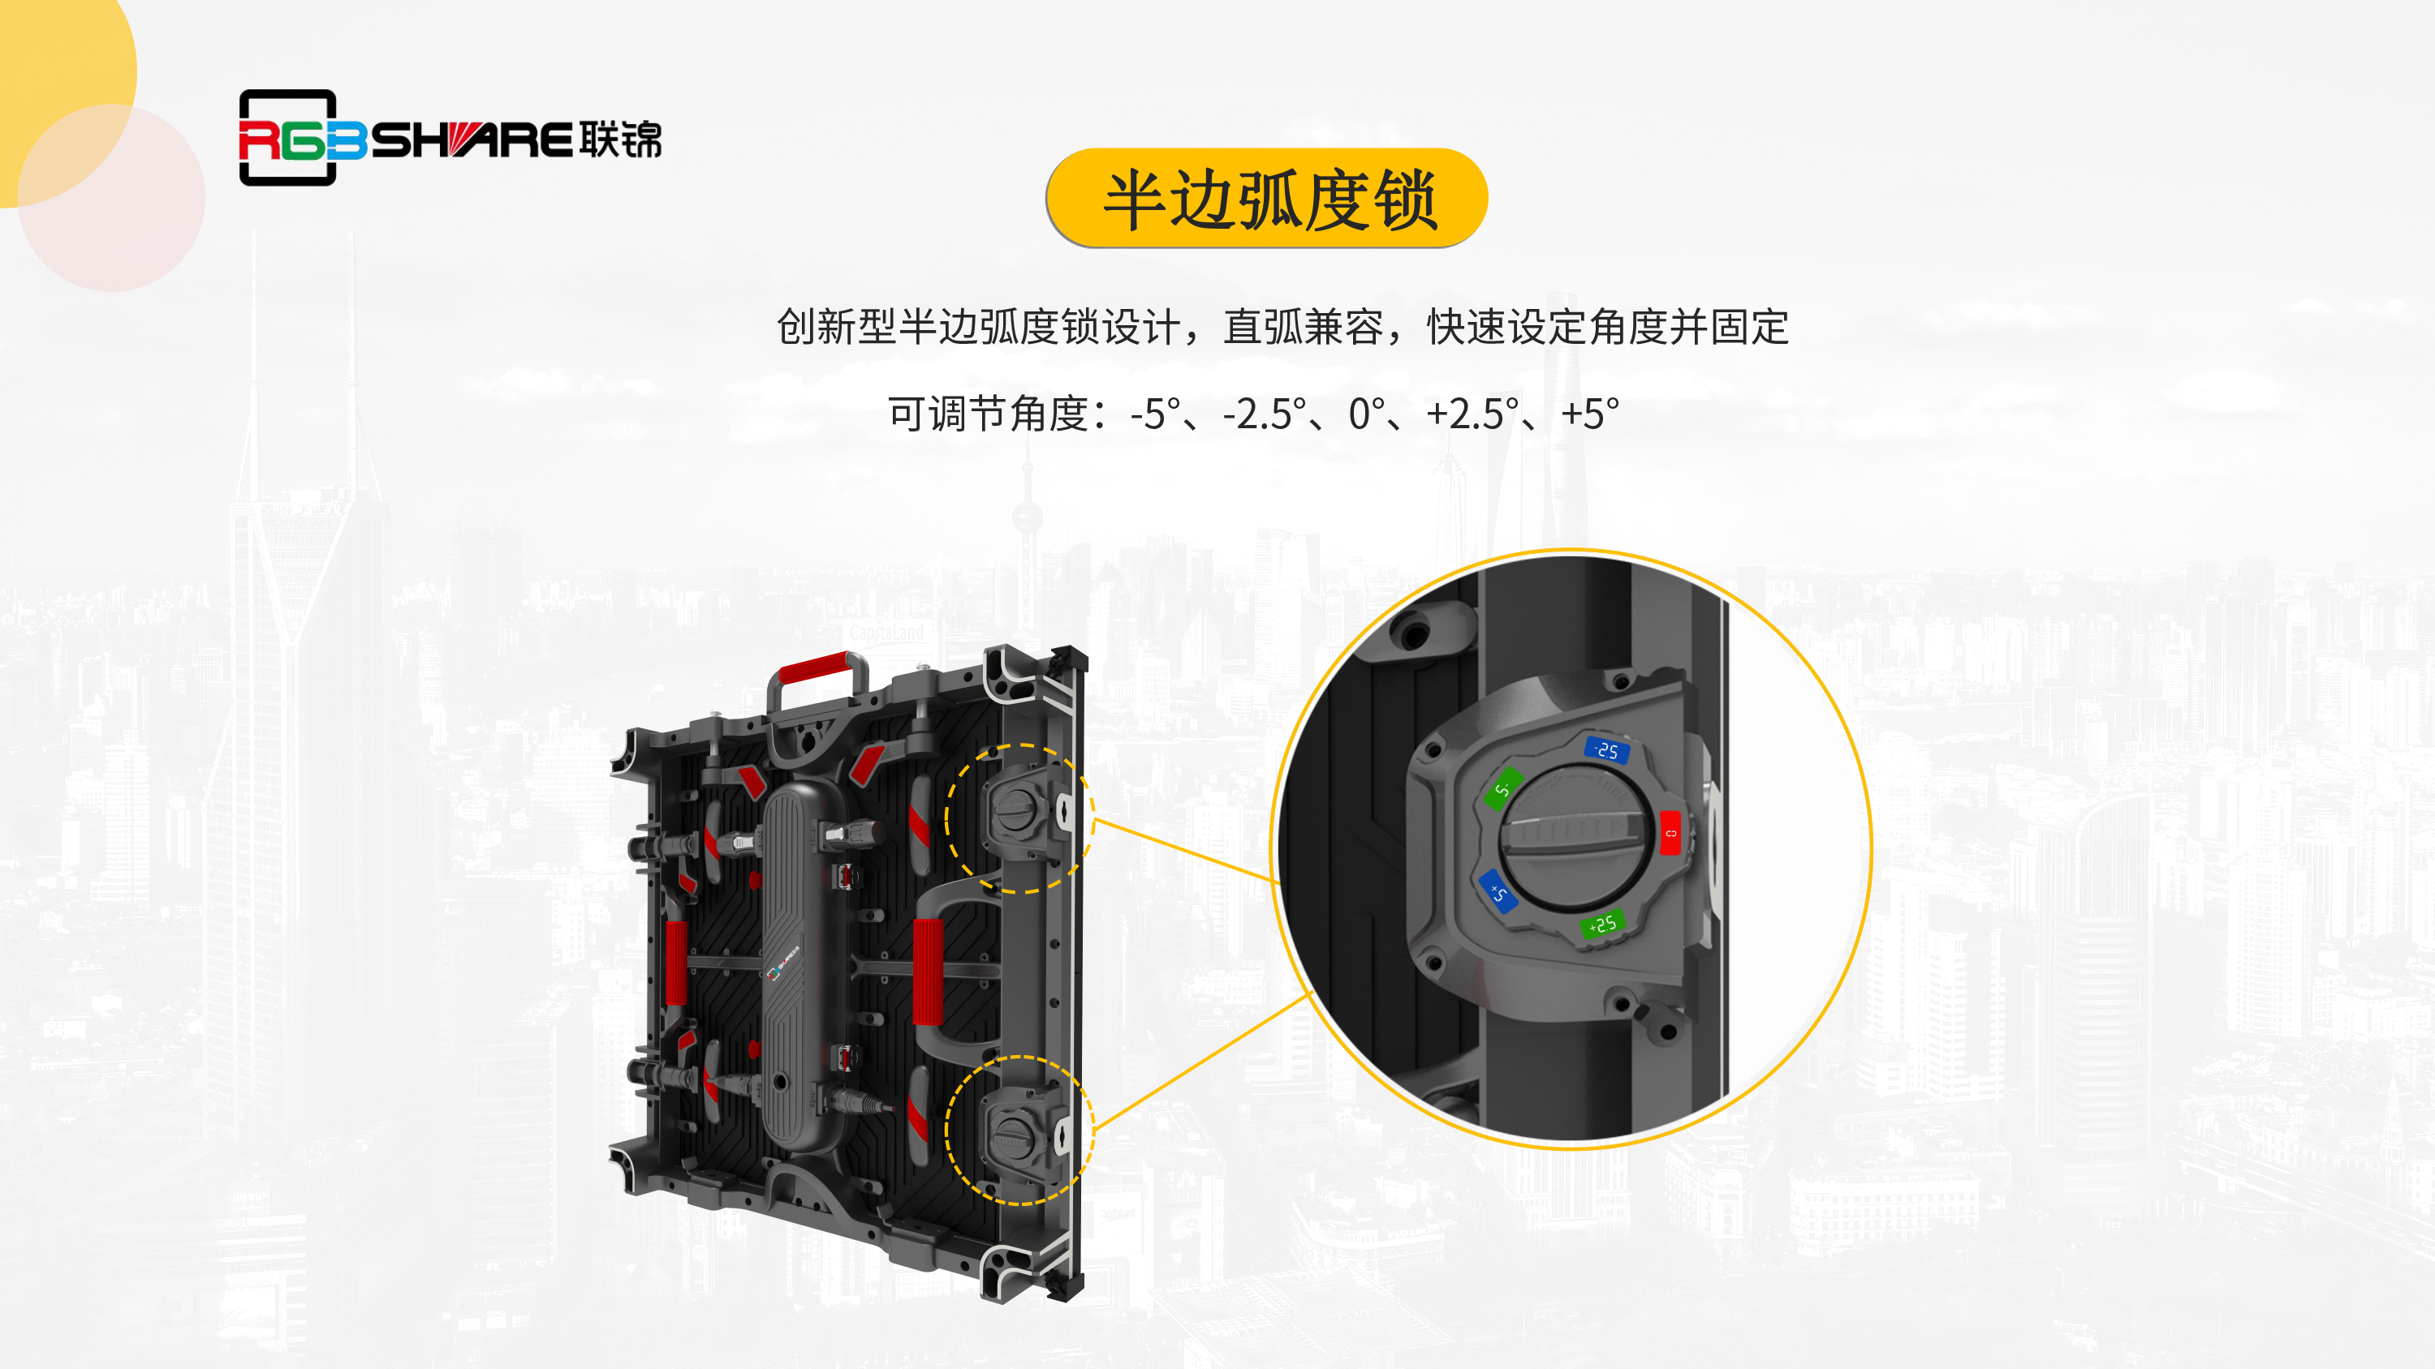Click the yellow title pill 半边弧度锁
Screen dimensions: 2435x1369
(1267, 199)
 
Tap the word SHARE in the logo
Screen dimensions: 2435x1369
(471, 139)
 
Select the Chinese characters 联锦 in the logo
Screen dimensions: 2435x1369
(621, 139)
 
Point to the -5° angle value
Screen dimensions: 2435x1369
(1155, 414)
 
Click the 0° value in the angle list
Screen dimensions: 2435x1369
(1367, 414)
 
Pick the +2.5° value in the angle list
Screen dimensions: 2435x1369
(1472, 414)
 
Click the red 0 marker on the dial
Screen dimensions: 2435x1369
(1670, 832)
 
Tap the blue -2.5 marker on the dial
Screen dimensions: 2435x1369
(1606, 750)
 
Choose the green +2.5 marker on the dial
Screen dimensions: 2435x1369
(1602, 923)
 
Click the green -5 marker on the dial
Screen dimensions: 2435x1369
(1503, 788)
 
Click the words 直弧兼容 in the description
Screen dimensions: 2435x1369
(1304, 327)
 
